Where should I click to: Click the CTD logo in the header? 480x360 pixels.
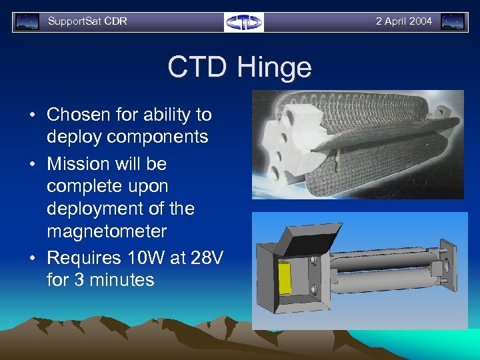pos(244,22)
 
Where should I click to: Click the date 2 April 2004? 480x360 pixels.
pos(403,21)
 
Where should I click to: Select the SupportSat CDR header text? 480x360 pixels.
pos(87,21)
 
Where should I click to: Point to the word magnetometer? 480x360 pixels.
pos(107,231)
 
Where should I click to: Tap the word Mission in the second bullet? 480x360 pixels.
pos(76,164)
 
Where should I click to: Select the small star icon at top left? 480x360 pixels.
pos(27,22)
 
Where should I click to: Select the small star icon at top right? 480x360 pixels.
pos(453,22)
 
